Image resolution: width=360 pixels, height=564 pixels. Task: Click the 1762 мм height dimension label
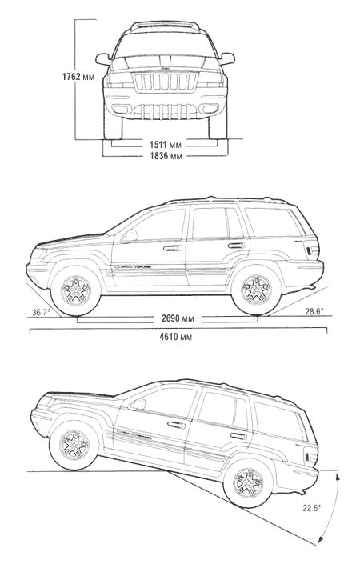pyautogui.click(x=78, y=77)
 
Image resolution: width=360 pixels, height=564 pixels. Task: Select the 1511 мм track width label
pyautogui.click(x=166, y=145)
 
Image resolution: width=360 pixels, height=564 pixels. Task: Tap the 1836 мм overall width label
pyautogui.click(x=166, y=156)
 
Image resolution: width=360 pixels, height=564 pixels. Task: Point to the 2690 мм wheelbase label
pyautogui.click(x=178, y=318)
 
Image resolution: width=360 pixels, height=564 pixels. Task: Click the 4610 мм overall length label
pyautogui.click(x=175, y=336)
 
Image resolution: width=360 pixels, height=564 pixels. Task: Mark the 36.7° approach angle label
pyautogui.click(x=42, y=312)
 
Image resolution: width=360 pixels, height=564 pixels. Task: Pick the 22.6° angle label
pyautogui.click(x=311, y=508)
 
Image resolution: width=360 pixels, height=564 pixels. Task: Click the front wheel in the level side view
pyautogui.click(x=76, y=290)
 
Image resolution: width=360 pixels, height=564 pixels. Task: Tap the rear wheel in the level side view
pyautogui.click(x=257, y=290)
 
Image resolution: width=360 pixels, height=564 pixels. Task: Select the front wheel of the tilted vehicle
pyautogui.click(x=74, y=446)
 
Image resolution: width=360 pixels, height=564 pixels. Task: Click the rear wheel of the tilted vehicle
pyautogui.click(x=248, y=483)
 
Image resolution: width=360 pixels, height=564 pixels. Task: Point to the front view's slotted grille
pyautogui.click(x=165, y=82)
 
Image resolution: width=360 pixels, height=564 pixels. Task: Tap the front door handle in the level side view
pyautogui.click(x=173, y=248)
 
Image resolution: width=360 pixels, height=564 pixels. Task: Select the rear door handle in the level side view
pyautogui.click(x=236, y=246)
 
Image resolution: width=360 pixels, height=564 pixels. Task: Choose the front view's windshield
pyautogui.click(x=165, y=45)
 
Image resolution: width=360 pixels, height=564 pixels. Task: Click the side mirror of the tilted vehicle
pyautogui.click(x=137, y=405)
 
